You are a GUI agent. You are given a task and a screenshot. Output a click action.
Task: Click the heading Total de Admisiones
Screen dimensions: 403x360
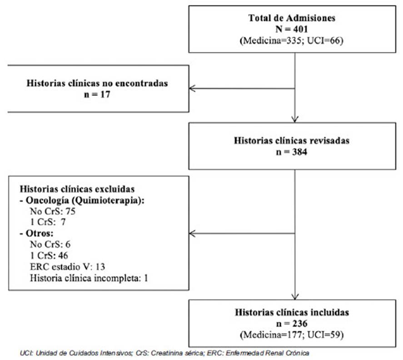click(x=292, y=18)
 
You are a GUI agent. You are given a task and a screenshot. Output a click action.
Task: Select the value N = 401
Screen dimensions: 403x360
click(x=292, y=29)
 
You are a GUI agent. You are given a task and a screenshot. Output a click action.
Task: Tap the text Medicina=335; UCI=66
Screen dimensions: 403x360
click(x=292, y=40)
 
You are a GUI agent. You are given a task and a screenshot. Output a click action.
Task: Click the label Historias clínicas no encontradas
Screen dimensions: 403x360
click(x=97, y=83)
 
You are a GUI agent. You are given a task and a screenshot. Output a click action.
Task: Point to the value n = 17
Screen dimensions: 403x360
click(x=97, y=95)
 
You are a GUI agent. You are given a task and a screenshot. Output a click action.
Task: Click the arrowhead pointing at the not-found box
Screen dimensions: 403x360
click(x=192, y=89)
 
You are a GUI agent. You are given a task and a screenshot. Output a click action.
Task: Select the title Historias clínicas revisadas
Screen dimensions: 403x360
click(x=292, y=140)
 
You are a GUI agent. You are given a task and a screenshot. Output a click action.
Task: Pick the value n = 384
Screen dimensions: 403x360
click(x=292, y=152)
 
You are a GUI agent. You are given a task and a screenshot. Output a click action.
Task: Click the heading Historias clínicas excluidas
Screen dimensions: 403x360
click(x=77, y=189)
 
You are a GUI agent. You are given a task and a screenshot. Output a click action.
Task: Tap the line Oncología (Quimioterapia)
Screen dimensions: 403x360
click(x=82, y=200)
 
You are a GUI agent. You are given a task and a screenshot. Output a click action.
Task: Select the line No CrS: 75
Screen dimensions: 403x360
click(x=53, y=211)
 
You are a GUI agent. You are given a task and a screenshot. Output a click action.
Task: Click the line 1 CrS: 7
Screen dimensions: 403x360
click(x=48, y=222)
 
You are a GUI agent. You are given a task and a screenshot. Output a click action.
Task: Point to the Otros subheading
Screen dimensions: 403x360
click(x=37, y=233)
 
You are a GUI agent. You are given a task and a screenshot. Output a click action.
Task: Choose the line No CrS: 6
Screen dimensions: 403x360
click(x=50, y=244)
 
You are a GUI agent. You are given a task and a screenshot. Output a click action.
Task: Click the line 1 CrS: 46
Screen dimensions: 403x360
click(x=49, y=255)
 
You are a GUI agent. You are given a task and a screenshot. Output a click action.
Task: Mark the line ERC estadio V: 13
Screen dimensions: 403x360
click(x=68, y=267)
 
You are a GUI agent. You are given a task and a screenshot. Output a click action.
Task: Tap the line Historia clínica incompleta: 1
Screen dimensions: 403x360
click(x=89, y=279)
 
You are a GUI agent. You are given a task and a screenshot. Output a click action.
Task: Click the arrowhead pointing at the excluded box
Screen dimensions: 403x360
click(x=192, y=234)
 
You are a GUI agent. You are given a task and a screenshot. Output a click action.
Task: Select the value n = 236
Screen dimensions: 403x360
click(x=292, y=324)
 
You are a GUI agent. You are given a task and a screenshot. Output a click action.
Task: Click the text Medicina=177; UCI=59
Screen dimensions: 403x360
click(x=292, y=335)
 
